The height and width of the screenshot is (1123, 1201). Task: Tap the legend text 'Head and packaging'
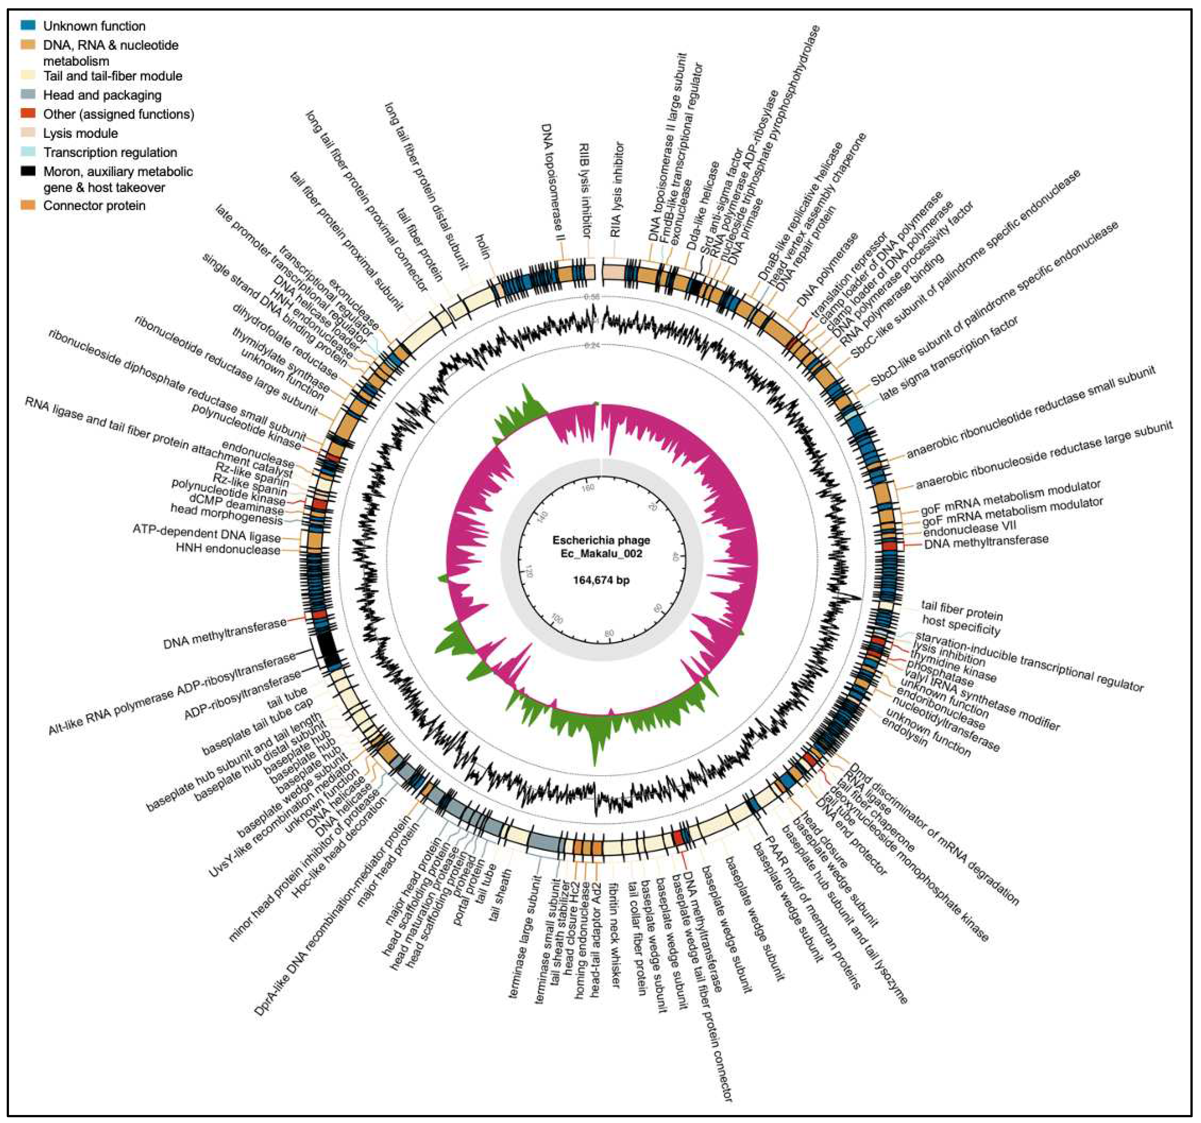[x=102, y=95]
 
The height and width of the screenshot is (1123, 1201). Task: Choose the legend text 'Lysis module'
[x=80, y=133]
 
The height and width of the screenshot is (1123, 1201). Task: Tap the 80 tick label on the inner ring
[x=609, y=633]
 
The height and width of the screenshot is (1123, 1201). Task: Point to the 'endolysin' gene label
[x=904, y=732]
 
